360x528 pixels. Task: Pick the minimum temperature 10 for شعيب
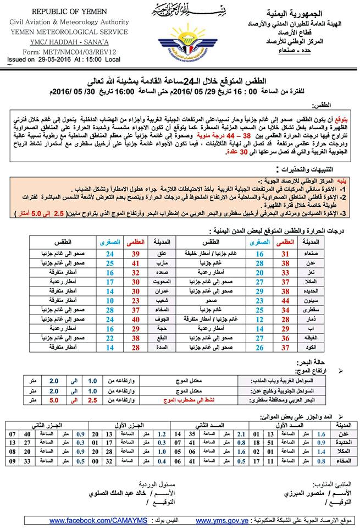(x=110, y=301)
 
